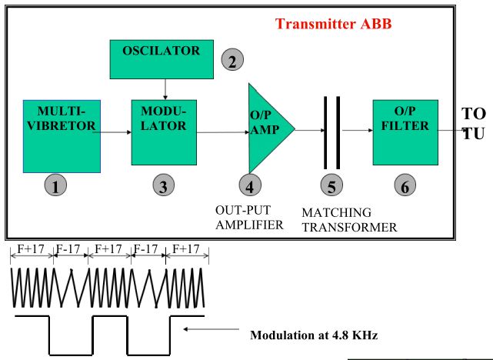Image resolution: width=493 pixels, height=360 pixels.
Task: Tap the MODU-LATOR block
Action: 162,130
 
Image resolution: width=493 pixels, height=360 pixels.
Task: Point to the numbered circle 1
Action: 55,185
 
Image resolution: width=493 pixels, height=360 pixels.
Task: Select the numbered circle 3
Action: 162,185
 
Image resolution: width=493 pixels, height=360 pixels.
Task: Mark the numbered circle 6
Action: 405,185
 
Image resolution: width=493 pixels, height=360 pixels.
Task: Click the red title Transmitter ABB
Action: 334,23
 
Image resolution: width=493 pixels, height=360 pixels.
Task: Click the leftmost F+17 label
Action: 32,250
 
